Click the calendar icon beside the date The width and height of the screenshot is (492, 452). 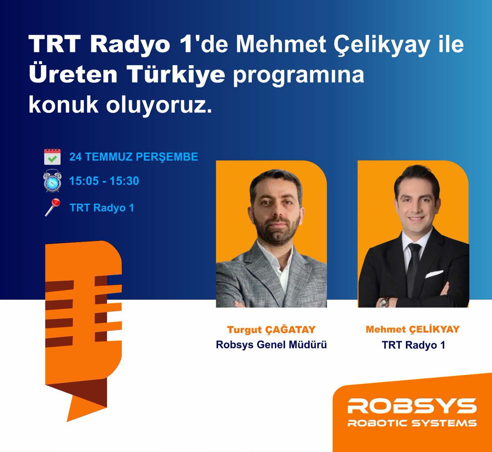tap(52, 157)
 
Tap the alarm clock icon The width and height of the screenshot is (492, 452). tap(52, 181)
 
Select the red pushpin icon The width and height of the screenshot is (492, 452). tap(52, 207)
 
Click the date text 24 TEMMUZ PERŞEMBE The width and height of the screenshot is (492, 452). tap(134, 157)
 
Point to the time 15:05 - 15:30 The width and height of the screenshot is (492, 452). tap(104, 181)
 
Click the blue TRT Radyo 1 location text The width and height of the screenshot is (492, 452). tap(102, 208)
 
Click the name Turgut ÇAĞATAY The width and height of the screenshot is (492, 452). tap(271, 330)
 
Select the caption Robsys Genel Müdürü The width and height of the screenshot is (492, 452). tap(271, 345)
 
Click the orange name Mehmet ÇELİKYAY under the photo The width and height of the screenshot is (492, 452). tap(413, 329)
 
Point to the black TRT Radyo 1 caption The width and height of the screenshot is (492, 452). tap(413, 345)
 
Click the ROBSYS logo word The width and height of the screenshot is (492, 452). tap(412, 406)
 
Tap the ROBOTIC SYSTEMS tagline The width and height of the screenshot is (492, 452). tap(412, 423)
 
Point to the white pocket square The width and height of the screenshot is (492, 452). tap(434, 274)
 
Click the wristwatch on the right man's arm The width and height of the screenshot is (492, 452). tap(383, 303)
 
